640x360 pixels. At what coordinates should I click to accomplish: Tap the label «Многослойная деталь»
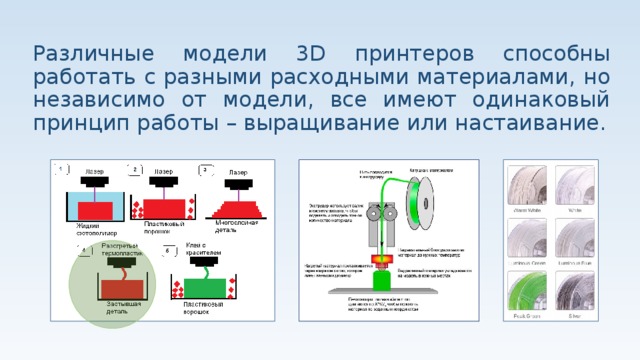point(237,226)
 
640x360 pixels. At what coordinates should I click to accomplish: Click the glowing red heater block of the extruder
point(382,262)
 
